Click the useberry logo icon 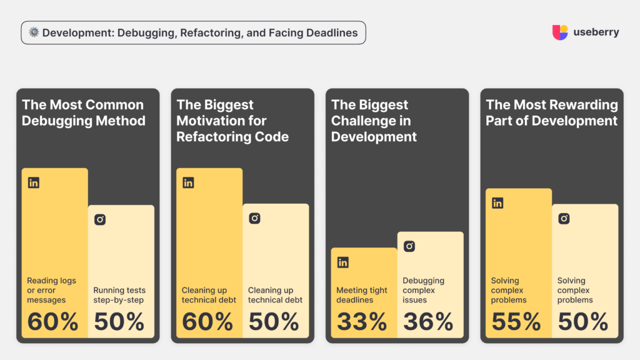point(560,32)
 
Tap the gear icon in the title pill point(34,33)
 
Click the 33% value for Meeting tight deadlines point(362,321)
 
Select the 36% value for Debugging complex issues point(428,321)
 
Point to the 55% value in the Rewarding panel point(516,321)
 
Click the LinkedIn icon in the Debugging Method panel point(34,183)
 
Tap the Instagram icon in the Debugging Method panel point(100,219)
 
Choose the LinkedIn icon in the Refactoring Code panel point(188,183)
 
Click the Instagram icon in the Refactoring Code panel point(254,218)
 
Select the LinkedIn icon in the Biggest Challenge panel point(343,262)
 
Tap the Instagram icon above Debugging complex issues point(409,246)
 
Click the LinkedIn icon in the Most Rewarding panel point(497,203)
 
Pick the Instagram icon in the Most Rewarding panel point(564,219)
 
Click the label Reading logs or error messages point(51,290)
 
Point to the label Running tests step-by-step point(119,295)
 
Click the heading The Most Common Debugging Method point(83,112)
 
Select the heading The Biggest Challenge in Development point(374,121)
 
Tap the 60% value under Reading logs point(52,321)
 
